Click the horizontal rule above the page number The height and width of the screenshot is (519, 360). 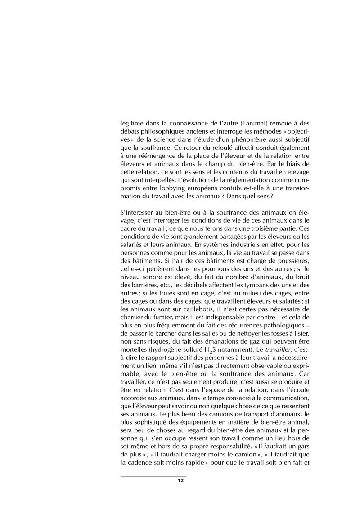[153, 476]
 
